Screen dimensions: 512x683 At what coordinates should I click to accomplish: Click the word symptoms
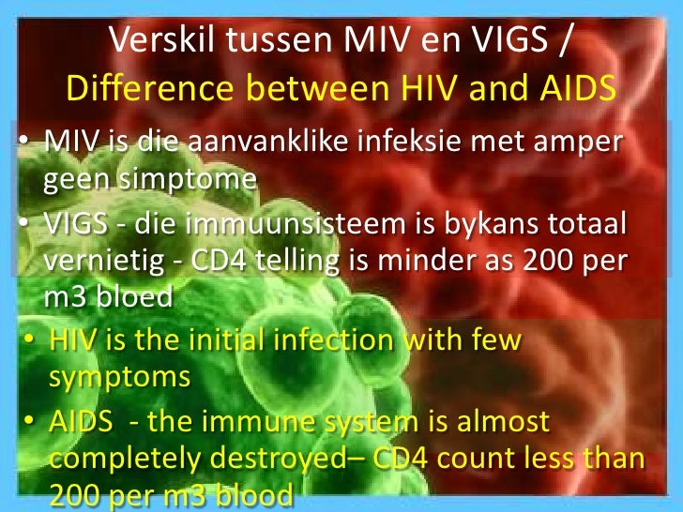point(119,377)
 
